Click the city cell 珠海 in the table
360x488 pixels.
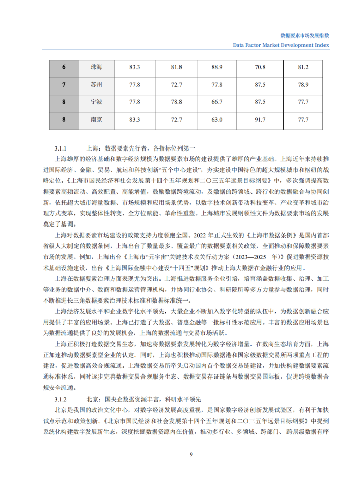coord(96,67)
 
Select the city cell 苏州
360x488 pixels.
coord(96,85)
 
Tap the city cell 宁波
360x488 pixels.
coord(96,102)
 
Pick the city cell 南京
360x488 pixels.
coord(96,120)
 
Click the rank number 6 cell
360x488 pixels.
coord(64,67)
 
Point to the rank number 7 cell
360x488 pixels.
coord(64,85)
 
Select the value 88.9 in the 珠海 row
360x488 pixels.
coord(217,67)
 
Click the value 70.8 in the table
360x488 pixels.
coord(260,67)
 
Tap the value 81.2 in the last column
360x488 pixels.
coord(303,67)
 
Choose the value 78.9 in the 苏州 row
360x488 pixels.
coord(303,85)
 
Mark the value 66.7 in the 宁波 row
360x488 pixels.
coord(217,102)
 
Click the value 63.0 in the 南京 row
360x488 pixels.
coord(217,120)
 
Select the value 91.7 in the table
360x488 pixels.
coord(260,120)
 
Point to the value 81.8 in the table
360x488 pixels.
coord(176,67)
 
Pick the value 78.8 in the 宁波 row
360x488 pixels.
coord(176,102)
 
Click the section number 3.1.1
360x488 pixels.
coord(61,148)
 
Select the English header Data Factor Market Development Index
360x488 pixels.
coord(281,45)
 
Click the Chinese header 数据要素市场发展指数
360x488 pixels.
coord(305,36)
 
